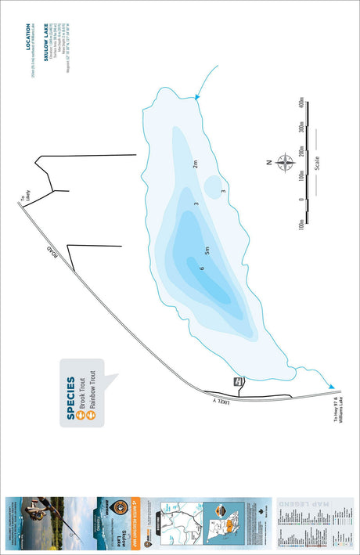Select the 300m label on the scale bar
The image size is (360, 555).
click(x=301, y=129)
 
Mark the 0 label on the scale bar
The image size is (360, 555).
click(x=301, y=200)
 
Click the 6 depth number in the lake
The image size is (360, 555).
click(x=202, y=268)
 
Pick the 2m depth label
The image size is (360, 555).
click(x=195, y=163)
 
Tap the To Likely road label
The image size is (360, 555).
click(x=26, y=199)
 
